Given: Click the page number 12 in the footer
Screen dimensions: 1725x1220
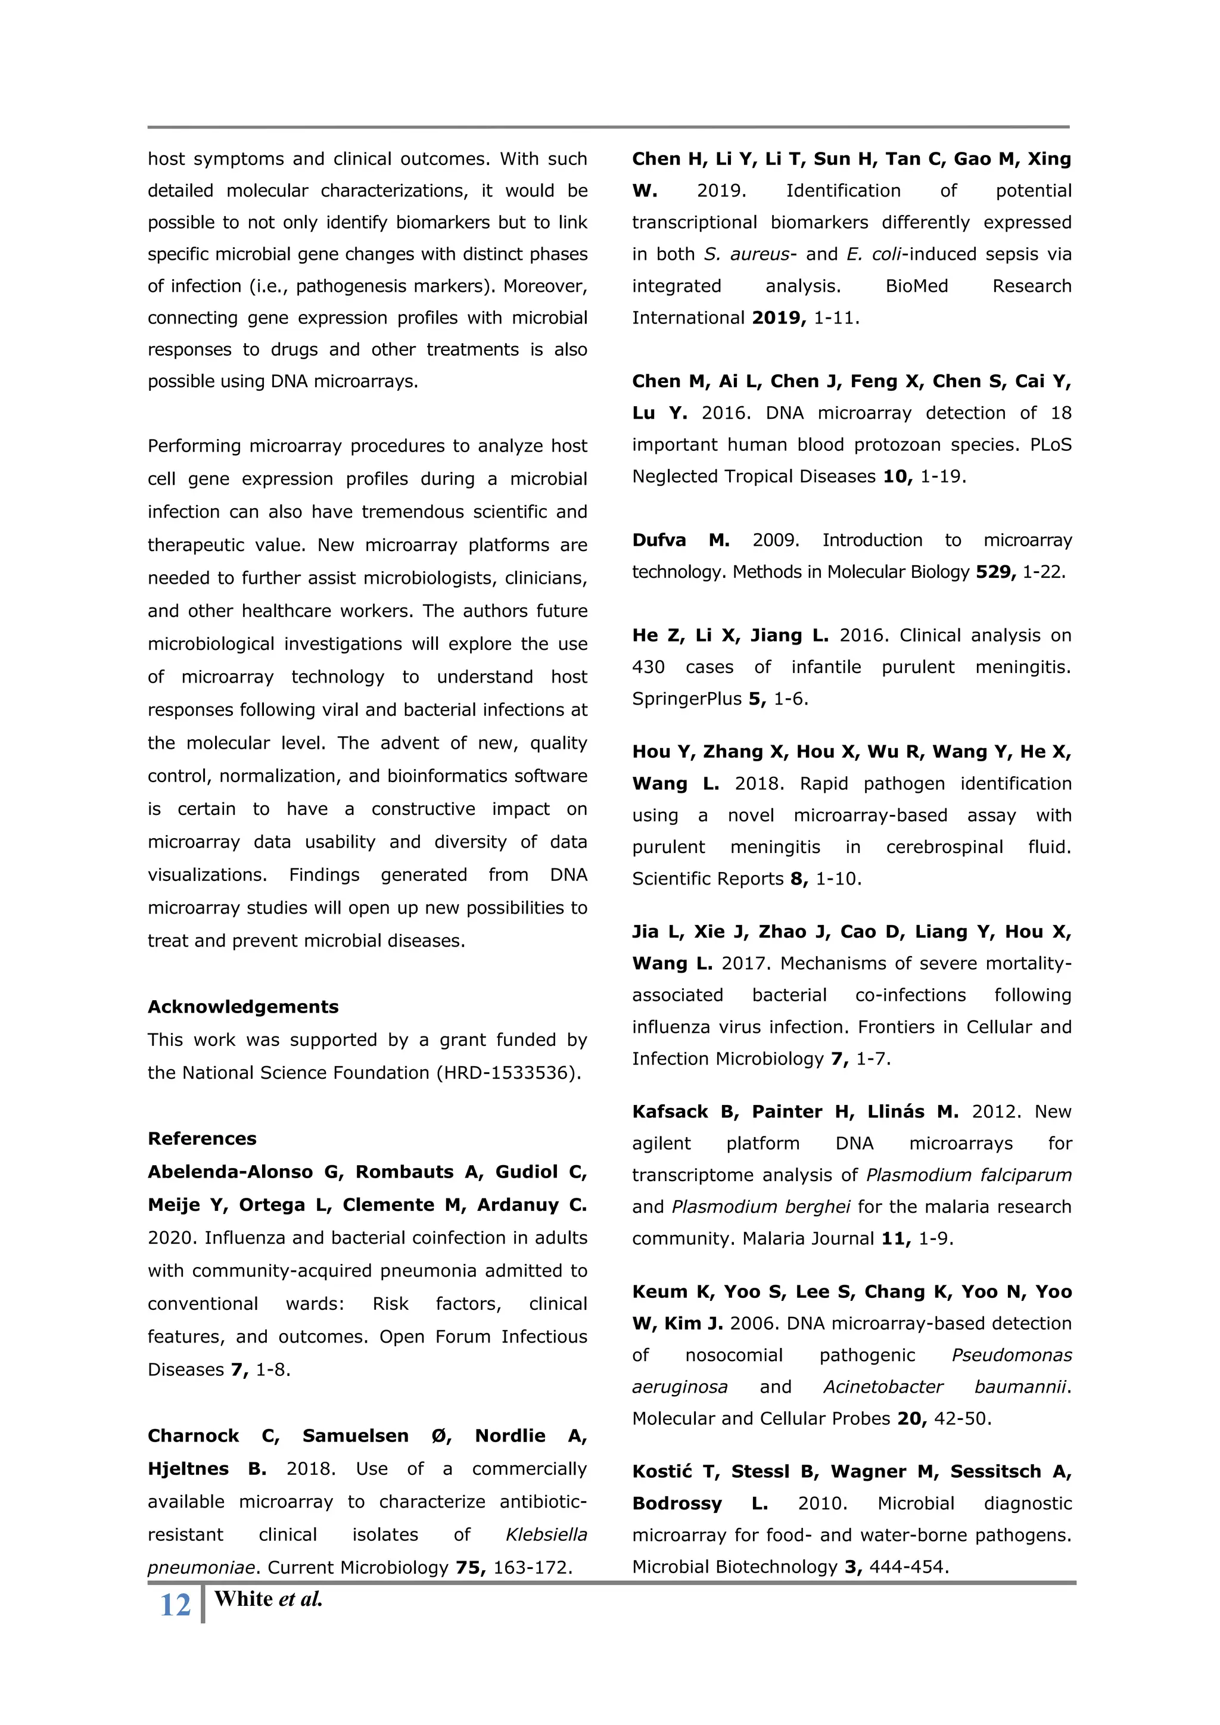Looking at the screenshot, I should pos(175,1605).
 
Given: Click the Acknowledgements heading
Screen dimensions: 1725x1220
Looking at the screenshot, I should pos(242,1007).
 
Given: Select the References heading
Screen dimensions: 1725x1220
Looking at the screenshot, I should pos(201,1138).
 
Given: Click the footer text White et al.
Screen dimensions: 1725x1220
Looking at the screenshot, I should pos(267,1599).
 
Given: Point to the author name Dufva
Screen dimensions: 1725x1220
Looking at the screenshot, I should pos(659,540).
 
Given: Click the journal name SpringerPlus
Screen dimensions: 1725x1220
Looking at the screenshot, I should pos(687,699).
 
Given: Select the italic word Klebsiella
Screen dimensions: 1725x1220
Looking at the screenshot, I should pos(546,1534).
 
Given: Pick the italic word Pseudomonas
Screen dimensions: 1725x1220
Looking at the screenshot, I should pos(1011,1355).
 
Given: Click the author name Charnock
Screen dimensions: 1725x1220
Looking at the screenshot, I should pos(193,1436).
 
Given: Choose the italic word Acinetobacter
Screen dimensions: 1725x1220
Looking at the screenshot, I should pos(883,1387).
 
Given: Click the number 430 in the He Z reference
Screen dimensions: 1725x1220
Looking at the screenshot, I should pos(648,667).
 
